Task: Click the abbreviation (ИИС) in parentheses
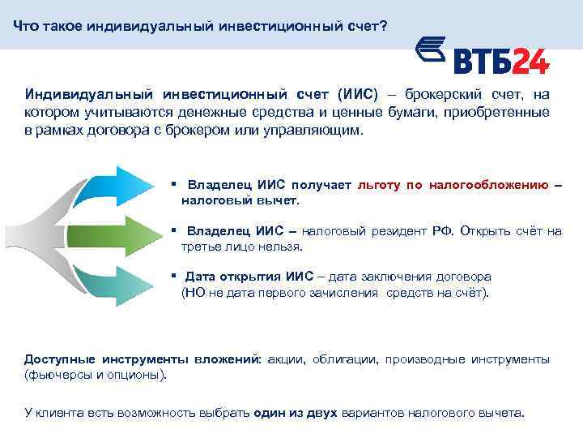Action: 356,95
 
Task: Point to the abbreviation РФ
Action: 441,231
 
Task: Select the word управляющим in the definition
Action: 316,131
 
